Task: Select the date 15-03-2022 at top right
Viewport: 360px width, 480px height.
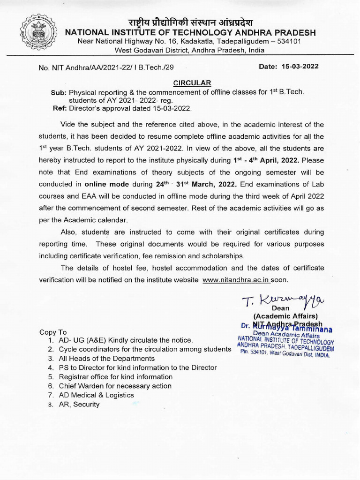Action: pyautogui.click(x=300, y=67)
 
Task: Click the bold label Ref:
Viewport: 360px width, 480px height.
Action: pyautogui.click(x=61, y=108)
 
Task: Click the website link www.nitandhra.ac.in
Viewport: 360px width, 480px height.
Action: pyautogui.click(x=236, y=280)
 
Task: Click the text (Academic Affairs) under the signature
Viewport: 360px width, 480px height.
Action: pyautogui.click(x=285, y=316)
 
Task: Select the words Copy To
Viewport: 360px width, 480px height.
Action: pyautogui.click(x=53, y=332)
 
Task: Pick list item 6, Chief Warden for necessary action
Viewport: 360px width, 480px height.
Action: pyautogui.click(x=115, y=386)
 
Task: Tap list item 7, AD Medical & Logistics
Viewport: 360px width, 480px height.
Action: pyautogui.click(x=96, y=395)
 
